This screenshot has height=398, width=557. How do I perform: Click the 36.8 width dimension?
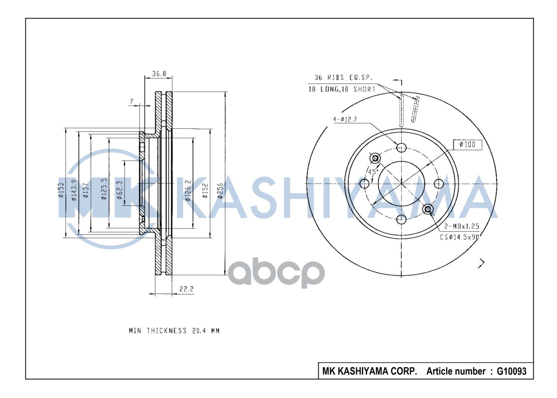pos(158,74)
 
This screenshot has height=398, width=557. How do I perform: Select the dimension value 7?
pos(131,101)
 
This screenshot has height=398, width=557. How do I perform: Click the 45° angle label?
pos(372,172)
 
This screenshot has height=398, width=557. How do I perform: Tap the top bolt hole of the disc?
pos(402,147)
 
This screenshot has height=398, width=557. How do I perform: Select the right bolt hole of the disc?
pos(439,184)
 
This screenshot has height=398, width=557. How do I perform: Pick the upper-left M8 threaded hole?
pos(375,158)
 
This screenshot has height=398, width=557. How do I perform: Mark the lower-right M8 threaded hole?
pos(428,209)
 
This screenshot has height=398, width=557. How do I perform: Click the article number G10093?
pos(511,371)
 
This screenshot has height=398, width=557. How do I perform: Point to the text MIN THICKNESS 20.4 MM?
pos(174,331)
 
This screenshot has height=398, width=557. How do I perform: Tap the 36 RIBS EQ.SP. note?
pos(343,78)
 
